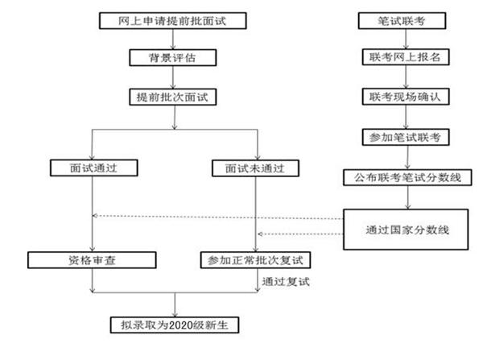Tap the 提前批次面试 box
pyautogui.click(x=174, y=97)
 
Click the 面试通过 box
pyautogui.click(x=94, y=169)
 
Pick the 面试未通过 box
pyautogui.click(x=255, y=169)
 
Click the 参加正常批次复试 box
pyautogui.click(x=255, y=260)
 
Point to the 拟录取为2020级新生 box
pyautogui.click(x=175, y=325)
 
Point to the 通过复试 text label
pyautogui.click(x=286, y=282)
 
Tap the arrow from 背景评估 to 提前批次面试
pyautogui.click(x=175, y=77)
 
